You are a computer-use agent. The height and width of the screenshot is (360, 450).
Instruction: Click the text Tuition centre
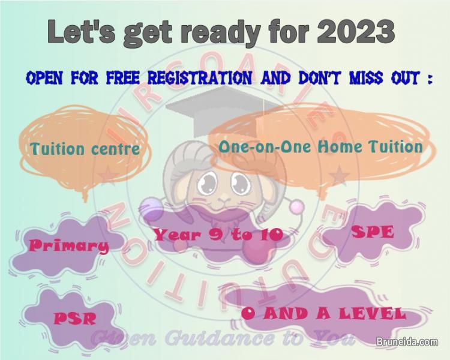(85, 148)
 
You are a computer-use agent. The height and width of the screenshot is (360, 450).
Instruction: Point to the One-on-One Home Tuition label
(320, 146)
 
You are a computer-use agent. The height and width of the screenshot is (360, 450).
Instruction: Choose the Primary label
(69, 245)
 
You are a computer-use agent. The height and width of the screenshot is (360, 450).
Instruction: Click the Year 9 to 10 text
(218, 235)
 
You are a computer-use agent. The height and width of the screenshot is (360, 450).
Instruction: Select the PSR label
(74, 317)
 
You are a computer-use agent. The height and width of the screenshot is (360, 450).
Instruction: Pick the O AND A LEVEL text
(323, 313)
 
